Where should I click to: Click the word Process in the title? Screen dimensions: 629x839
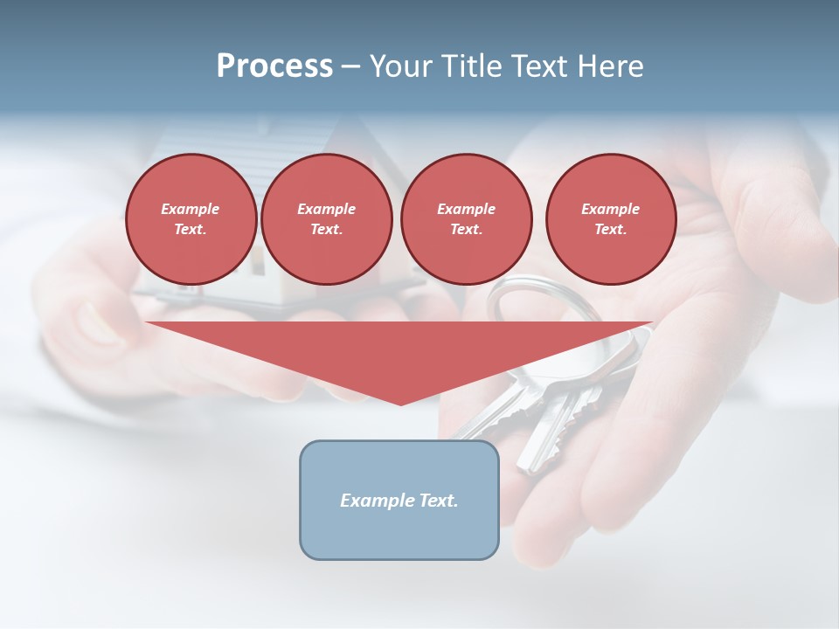(x=274, y=66)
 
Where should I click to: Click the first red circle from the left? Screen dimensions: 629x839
(x=191, y=219)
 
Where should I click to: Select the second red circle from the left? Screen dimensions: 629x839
(x=326, y=219)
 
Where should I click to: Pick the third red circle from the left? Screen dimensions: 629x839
(x=466, y=219)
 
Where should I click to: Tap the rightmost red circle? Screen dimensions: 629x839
(x=610, y=219)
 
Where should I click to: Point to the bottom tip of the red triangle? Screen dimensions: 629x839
(x=400, y=404)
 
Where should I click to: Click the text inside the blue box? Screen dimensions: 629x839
(x=399, y=501)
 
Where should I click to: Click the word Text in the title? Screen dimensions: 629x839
(x=538, y=66)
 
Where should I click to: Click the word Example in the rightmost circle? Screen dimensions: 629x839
(x=610, y=209)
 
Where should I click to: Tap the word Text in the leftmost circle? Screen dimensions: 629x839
(x=190, y=230)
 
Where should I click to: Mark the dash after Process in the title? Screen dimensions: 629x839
(x=350, y=66)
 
